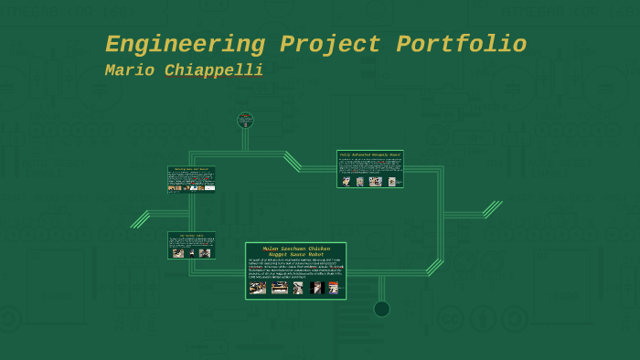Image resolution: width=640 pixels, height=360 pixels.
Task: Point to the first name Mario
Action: pyautogui.click(x=129, y=70)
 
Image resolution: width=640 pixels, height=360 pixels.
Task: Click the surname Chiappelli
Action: pyautogui.click(x=214, y=70)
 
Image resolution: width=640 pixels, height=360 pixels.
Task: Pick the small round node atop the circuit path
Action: pyautogui.click(x=245, y=120)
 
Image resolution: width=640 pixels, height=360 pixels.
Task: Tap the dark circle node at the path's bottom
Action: pyautogui.click(x=381, y=309)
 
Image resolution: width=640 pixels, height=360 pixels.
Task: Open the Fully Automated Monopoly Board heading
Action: pyautogui.click(x=369, y=154)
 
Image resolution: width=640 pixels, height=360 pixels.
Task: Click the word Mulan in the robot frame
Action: pyautogui.click(x=271, y=248)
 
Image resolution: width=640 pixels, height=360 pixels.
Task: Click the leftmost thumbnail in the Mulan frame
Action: pyautogui.click(x=258, y=288)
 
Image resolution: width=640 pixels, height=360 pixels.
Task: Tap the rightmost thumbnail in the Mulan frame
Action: pyautogui.click(x=333, y=288)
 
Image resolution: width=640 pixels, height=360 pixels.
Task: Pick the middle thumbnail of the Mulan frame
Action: pyautogui.click(x=298, y=288)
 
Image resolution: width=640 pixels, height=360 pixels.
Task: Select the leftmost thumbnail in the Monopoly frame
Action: pyautogui.click(x=346, y=182)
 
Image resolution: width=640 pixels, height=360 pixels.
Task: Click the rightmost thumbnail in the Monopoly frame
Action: pyautogui.click(x=391, y=182)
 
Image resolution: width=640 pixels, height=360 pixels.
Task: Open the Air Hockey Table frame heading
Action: pyautogui.click(x=191, y=235)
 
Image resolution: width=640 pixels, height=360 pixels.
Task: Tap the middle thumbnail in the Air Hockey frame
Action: pyautogui.click(x=192, y=253)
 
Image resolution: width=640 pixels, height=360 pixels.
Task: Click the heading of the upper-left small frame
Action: pyautogui.click(x=191, y=169)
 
